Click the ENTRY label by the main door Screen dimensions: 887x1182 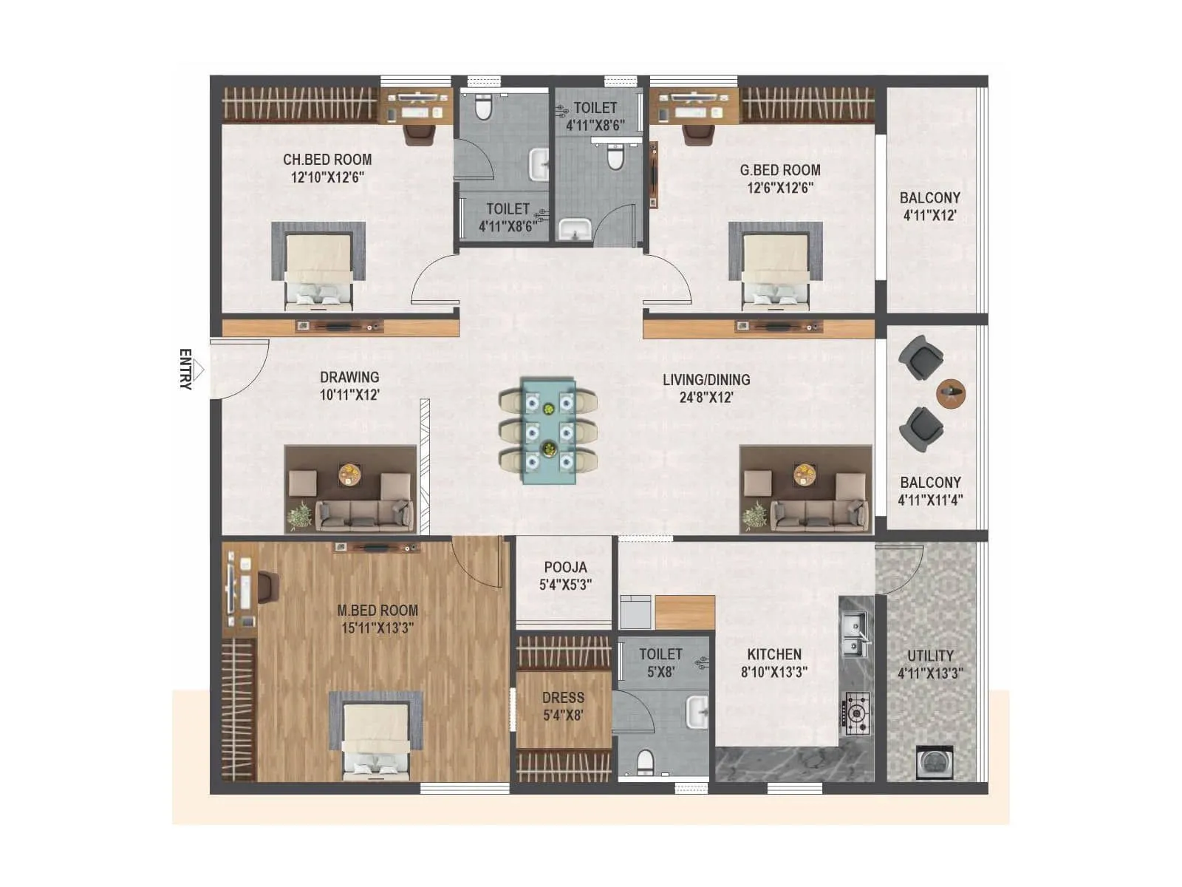pos(185,369)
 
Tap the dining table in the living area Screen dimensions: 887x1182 pos(548,431)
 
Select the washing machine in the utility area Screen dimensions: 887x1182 pos(934,763)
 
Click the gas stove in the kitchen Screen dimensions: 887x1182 pos(857,713)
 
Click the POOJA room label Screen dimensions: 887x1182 pos(565,568)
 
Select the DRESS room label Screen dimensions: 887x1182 pos(563,698)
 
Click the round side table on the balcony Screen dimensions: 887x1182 pos(950,392)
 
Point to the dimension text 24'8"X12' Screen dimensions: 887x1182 pos(706,398)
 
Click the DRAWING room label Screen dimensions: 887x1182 pos(349,377)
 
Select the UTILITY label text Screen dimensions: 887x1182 pos(930,656)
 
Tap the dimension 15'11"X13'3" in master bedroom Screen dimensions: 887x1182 pos(377,628)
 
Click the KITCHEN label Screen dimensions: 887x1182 pos(773,654)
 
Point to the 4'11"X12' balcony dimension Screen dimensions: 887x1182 pos(929,216)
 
